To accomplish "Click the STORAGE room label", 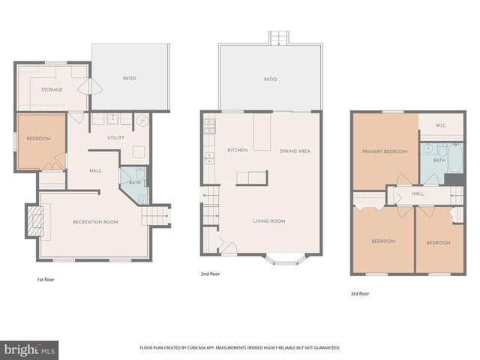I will click(52, 90).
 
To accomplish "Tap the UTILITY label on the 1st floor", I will click(115, 138).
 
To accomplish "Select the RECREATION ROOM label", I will click(95, 222).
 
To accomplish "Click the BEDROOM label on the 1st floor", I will click(37, 139).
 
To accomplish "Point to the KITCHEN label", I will click(237, 151).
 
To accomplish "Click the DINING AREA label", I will click(295, 151).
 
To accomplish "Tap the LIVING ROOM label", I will click(268, 221).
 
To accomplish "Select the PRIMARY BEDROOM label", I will click(384, 151).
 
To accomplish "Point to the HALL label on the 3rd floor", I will click(418, 193).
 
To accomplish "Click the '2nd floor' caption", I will click(211, 274).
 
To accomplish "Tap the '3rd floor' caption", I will click(360, 293).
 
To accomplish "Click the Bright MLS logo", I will click(30, 349).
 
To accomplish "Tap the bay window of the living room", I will click(288, 259).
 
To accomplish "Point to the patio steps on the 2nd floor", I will click(278, 37).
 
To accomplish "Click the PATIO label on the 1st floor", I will click(130, 78).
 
